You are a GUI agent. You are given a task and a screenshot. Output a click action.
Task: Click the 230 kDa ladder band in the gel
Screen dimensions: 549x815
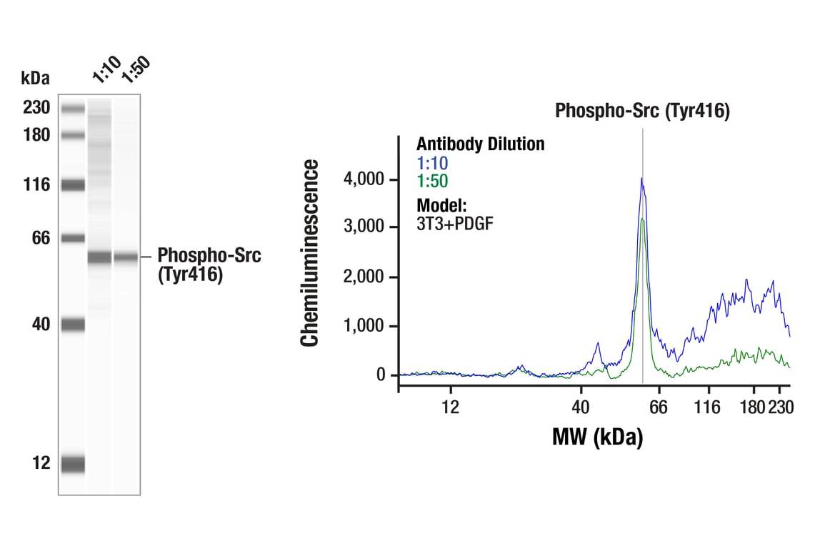pyautogui.click(x=73, y=109)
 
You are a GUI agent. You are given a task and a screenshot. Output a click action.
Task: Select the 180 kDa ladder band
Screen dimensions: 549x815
pyautogui.click(x=73, y=134)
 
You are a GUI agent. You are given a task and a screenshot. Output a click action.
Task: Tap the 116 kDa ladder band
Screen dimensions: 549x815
pyautogui.click(x=73, y=185)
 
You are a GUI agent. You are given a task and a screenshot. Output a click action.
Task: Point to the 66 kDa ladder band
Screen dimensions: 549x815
pyautogui.click(x=73, y=238)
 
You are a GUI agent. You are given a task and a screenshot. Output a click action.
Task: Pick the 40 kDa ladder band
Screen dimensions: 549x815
pyautogui.click(x=73, y=325)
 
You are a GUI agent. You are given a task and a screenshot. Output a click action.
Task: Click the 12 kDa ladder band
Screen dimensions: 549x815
pyautogui.click(x=73, y=464)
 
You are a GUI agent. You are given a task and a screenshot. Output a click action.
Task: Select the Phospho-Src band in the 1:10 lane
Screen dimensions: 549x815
pyautogui.click(x=100, y=257)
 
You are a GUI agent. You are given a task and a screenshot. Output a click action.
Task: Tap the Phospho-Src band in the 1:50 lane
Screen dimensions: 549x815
pyautogui.click(x=126, y=257)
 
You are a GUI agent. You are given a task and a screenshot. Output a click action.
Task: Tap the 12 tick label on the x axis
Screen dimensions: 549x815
pyautogui.click(x=450, y=407)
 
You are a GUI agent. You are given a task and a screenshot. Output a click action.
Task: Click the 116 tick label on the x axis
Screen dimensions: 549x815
pyautogui.click(x=709, y=407)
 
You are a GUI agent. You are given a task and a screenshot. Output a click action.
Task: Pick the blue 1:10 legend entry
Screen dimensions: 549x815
pyautogui.click(x=432, y=163)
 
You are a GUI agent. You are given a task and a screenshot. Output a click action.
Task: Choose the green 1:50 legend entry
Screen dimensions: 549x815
pyautogui.click(x=432, y=181)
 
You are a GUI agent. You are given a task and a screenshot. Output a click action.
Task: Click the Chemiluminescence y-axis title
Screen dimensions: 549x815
pyautogui.click(x=310, y=254)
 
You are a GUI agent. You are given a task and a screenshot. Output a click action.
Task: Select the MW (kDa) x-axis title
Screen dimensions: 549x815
pyautogui.click(x=597, y=436)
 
